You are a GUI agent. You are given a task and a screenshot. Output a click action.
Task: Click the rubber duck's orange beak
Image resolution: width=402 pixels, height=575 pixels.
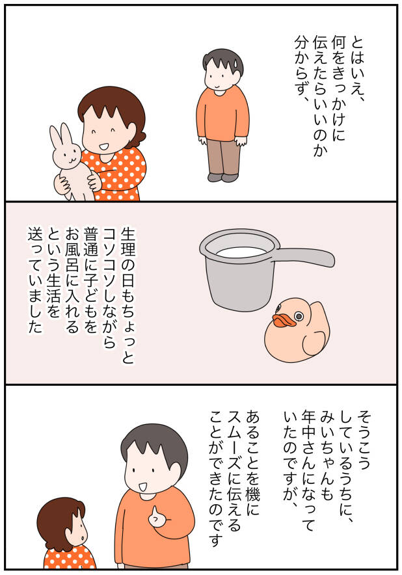(284, 320)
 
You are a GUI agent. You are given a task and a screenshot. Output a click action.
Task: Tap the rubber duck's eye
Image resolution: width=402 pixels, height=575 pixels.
(299, 315)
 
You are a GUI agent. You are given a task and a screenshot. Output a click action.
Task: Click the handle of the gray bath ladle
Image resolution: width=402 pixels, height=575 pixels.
(306, 256)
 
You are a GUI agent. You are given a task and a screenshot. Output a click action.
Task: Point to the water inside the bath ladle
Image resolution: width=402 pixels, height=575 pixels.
(241, 252)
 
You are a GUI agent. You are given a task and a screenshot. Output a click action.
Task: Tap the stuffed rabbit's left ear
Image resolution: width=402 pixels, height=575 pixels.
(56, 137)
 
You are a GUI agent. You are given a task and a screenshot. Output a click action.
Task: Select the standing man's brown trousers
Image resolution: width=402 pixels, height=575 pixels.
(223, 157)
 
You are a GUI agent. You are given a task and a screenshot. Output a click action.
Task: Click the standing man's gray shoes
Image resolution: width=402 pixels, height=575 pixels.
(222, 178)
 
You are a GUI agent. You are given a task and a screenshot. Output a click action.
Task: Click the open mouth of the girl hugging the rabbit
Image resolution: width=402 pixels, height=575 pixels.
(104, 148)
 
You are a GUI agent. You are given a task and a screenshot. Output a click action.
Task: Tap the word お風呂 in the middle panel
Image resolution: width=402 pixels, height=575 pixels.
(72, 248)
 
